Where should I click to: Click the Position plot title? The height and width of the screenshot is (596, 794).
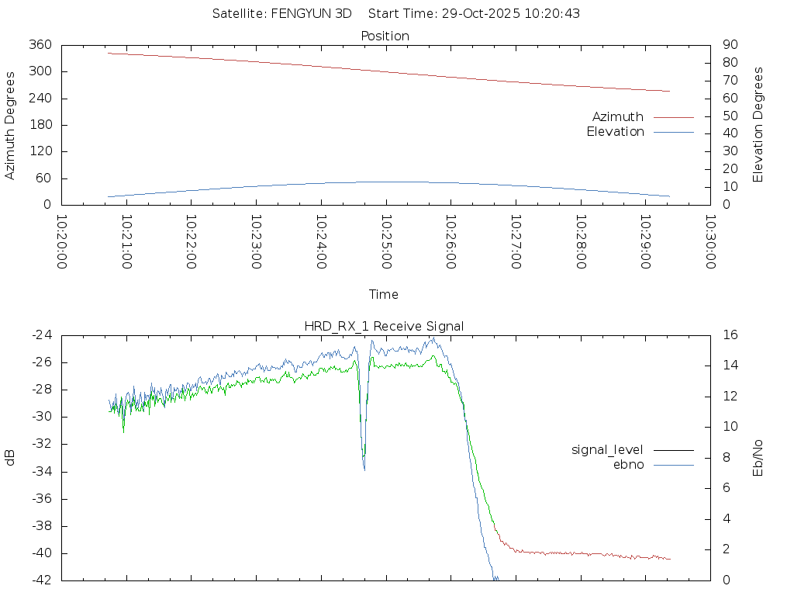385,36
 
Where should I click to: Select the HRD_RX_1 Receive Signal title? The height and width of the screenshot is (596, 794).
384,326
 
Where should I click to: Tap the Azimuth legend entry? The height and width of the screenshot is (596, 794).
618,116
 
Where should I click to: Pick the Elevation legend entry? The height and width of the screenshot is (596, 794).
615,132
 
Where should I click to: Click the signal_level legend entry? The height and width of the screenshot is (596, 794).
607,449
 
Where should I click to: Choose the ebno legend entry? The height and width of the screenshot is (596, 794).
628,464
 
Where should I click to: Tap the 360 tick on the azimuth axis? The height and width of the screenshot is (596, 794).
40,45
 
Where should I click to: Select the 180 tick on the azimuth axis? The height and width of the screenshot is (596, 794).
40,125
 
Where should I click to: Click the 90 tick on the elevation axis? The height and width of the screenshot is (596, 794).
729,45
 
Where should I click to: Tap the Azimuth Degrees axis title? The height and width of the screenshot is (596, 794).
10,125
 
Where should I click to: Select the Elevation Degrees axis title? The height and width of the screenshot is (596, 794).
758,125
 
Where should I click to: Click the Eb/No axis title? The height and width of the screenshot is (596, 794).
758,458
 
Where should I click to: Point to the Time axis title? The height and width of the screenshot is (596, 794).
384,294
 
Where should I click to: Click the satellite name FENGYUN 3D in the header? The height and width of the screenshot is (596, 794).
310,13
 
